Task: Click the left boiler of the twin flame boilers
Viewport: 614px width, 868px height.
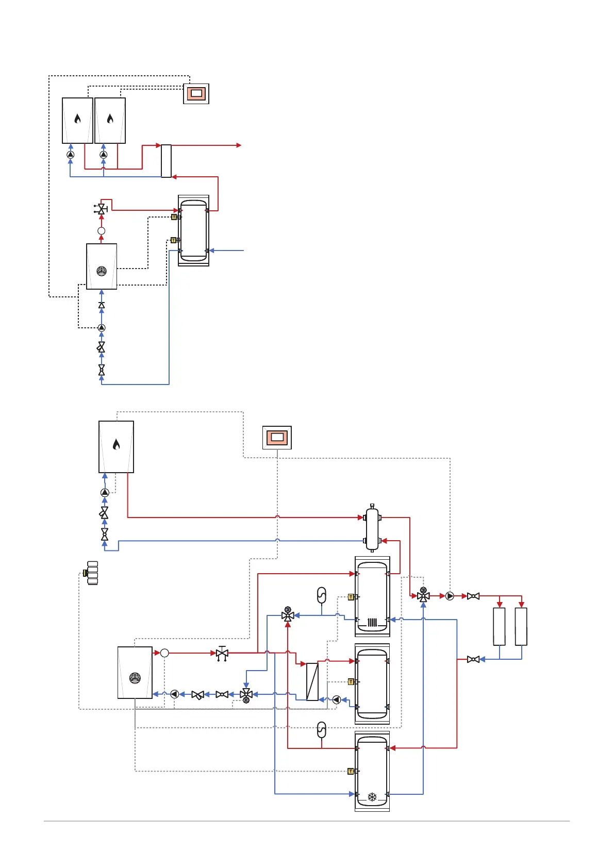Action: (x=77, y=121)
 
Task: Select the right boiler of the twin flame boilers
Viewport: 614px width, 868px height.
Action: (x=110, y=121)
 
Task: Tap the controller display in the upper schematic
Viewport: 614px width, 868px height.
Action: (x=196, y=94)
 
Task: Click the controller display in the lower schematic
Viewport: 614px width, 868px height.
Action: (x=277, y=438)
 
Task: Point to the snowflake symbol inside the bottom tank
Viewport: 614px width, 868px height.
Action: (x=372, y=797)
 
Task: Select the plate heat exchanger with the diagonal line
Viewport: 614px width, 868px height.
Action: (x=312, y=681)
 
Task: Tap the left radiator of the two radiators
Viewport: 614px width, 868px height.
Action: (x=499, y=626)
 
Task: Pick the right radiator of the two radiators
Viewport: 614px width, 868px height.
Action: (x=521, y=626)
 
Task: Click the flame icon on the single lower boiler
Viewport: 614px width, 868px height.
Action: (x=117, y=444)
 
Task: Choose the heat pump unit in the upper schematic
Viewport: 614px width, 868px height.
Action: (x=102, y=266)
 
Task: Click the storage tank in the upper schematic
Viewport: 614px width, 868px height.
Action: (x=193, y=230)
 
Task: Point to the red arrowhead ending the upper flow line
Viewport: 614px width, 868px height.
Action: (x=239, y=145)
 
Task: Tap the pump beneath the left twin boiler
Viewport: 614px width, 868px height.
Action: (x=71, y=155)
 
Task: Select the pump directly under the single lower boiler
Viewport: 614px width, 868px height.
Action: (x=105, y=493)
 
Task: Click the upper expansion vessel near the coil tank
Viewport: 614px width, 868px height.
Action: (x=321, y=595)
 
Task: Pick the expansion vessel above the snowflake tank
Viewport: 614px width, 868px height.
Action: (x=321, y=730)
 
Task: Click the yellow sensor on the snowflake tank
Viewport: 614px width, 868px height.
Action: (x=351, y=772)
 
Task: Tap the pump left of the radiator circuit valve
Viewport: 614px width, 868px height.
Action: (x=450, y=596)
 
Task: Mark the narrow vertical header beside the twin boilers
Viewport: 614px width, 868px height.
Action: (x=166, y=161)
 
